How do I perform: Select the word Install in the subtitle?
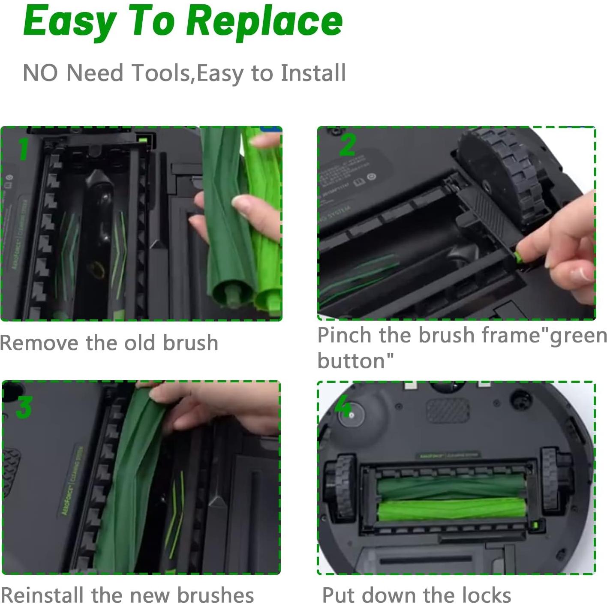point(313,72)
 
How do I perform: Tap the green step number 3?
point(24,407)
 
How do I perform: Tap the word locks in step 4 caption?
point(486,595)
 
